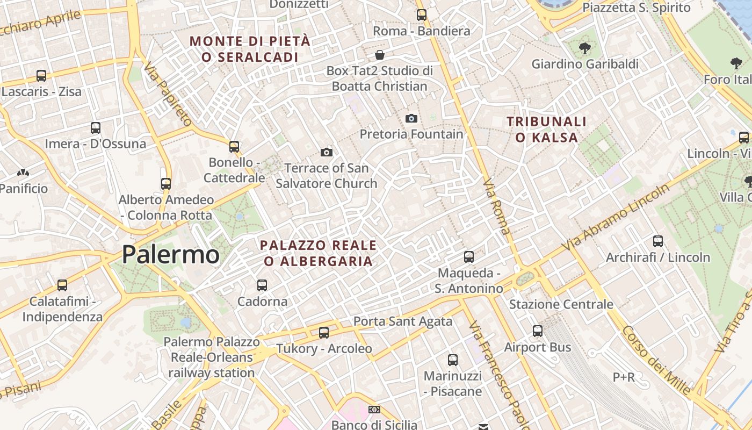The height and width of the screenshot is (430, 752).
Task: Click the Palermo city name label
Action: pos(170,254)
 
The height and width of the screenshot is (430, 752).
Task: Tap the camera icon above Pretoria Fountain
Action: pos(411,118)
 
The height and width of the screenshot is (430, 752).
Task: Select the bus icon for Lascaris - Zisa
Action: pos(41,76)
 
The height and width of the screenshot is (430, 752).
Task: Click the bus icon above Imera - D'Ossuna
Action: pos(96,128)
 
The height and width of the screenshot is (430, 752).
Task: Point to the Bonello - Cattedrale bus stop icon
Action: pos(234,146)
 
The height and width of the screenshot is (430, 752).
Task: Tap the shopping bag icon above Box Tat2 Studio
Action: pos(380,55)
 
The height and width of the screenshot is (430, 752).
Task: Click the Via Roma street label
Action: pos(497,207)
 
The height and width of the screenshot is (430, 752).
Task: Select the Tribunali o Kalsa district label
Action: pos(547,130)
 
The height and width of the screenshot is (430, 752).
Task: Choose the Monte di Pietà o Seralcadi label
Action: pos(250,49)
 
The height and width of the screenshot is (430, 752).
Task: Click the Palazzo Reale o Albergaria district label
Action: pos(319,253)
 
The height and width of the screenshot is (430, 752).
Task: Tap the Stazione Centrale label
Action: pos(561,304)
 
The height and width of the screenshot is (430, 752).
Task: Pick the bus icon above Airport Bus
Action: pos(538,331)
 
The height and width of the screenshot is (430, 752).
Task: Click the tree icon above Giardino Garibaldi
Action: pos(584,49)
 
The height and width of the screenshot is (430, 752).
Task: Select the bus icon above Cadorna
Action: pos(262,285)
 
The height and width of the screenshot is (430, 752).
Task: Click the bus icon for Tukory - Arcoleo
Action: pos(324,333)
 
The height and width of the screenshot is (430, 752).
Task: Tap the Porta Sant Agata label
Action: pos(402,321)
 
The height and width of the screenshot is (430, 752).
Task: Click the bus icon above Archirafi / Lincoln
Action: pos(658,241)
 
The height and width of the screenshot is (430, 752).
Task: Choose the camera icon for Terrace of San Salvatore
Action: pos(327,153)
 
